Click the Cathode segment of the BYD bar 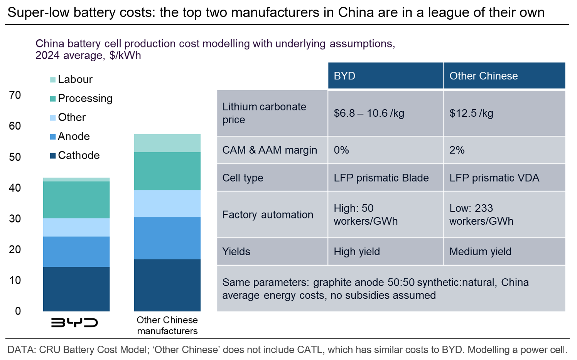tap(76, 289)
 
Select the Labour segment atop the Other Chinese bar tap(167, 143)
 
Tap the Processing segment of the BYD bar tap(76, 200)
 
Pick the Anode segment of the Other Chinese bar tap(167, 238)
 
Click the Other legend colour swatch tap(53, 118)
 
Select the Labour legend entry tap(75, 79)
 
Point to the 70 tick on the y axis tap(15, 95)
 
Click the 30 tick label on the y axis tap(15, 219)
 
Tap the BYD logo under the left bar tap(74, 322)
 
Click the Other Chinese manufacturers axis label tap(167, 325)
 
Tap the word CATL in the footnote tap(310, 350)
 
